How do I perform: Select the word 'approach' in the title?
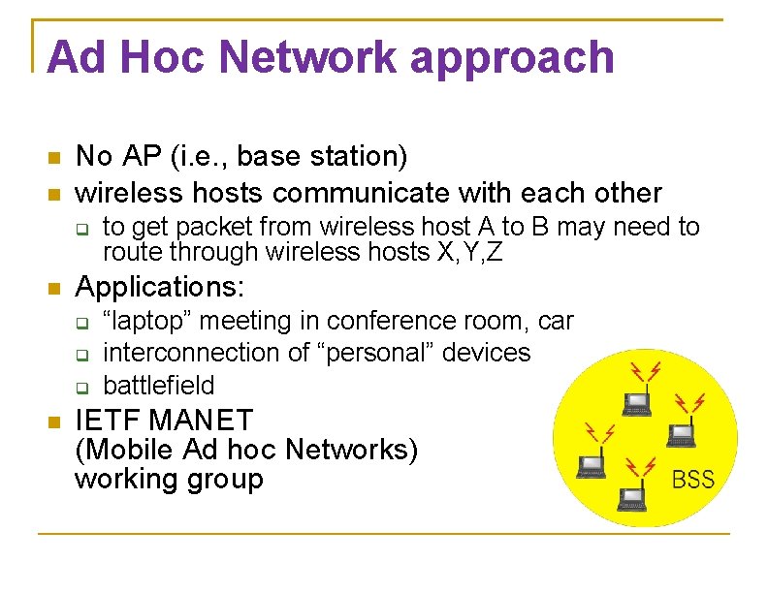(x=512, y=58)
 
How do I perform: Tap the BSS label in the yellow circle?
(x=692, y=480)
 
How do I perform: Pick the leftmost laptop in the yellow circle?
(x=591, y=466)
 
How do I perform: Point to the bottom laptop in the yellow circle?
(x=632, y=497)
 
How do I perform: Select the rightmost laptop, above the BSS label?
(x=681, y=432)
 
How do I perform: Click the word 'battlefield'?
(x=158, y=386)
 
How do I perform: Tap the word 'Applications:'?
(x=161, y=288)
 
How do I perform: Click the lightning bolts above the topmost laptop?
(x=645, y=371)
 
